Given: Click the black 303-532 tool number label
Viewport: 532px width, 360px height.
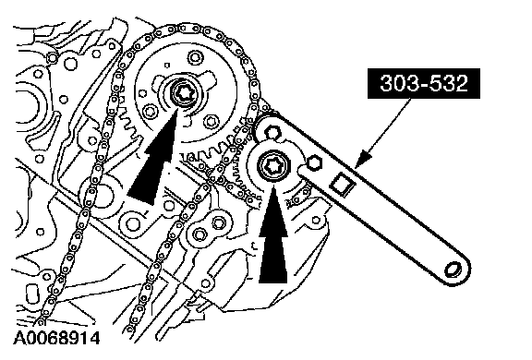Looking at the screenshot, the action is click(424, 83).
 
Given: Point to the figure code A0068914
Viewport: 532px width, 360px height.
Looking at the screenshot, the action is click(56, 338).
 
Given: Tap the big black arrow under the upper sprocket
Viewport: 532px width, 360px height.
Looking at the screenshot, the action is click(154, 159).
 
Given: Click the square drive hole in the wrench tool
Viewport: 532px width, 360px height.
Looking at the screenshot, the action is click(343, 184).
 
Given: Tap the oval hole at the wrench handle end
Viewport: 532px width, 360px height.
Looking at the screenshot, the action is click(453, 270).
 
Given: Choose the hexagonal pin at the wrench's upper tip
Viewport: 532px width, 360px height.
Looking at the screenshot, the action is click(272, 132).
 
